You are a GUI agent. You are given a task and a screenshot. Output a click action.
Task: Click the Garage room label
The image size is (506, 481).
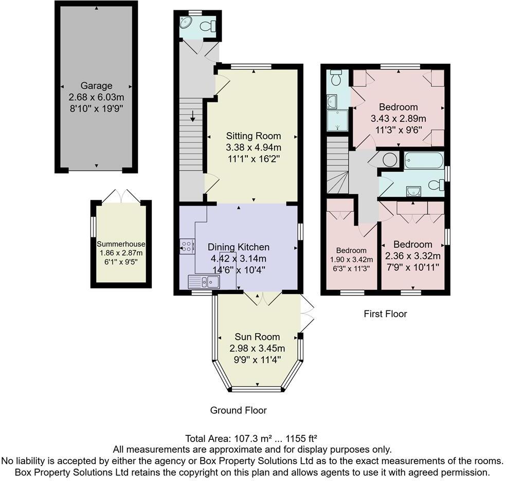(96, 86)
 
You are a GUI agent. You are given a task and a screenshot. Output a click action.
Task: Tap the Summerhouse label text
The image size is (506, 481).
(121, 244)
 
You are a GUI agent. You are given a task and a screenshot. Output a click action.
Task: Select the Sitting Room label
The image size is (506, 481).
(254, 136)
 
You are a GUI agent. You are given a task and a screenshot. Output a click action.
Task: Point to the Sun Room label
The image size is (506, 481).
(257, 337)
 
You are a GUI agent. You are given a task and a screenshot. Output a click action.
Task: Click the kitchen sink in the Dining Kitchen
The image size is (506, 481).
(204, 281)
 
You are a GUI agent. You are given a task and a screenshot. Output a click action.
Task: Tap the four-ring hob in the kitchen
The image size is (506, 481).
(186, 246)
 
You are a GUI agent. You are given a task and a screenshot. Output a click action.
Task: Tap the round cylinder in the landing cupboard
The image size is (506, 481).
(390, 160)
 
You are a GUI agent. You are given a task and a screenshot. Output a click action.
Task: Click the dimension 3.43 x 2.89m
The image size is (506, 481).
(399, 119)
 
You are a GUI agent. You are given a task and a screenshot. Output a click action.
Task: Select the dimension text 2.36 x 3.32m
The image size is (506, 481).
(413, 256)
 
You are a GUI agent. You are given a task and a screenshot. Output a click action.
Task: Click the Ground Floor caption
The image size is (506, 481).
(238, 410)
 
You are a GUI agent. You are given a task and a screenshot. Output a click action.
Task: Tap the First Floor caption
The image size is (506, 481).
(385, 313)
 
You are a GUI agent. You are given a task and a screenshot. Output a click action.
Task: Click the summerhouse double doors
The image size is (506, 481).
(121, 195)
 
